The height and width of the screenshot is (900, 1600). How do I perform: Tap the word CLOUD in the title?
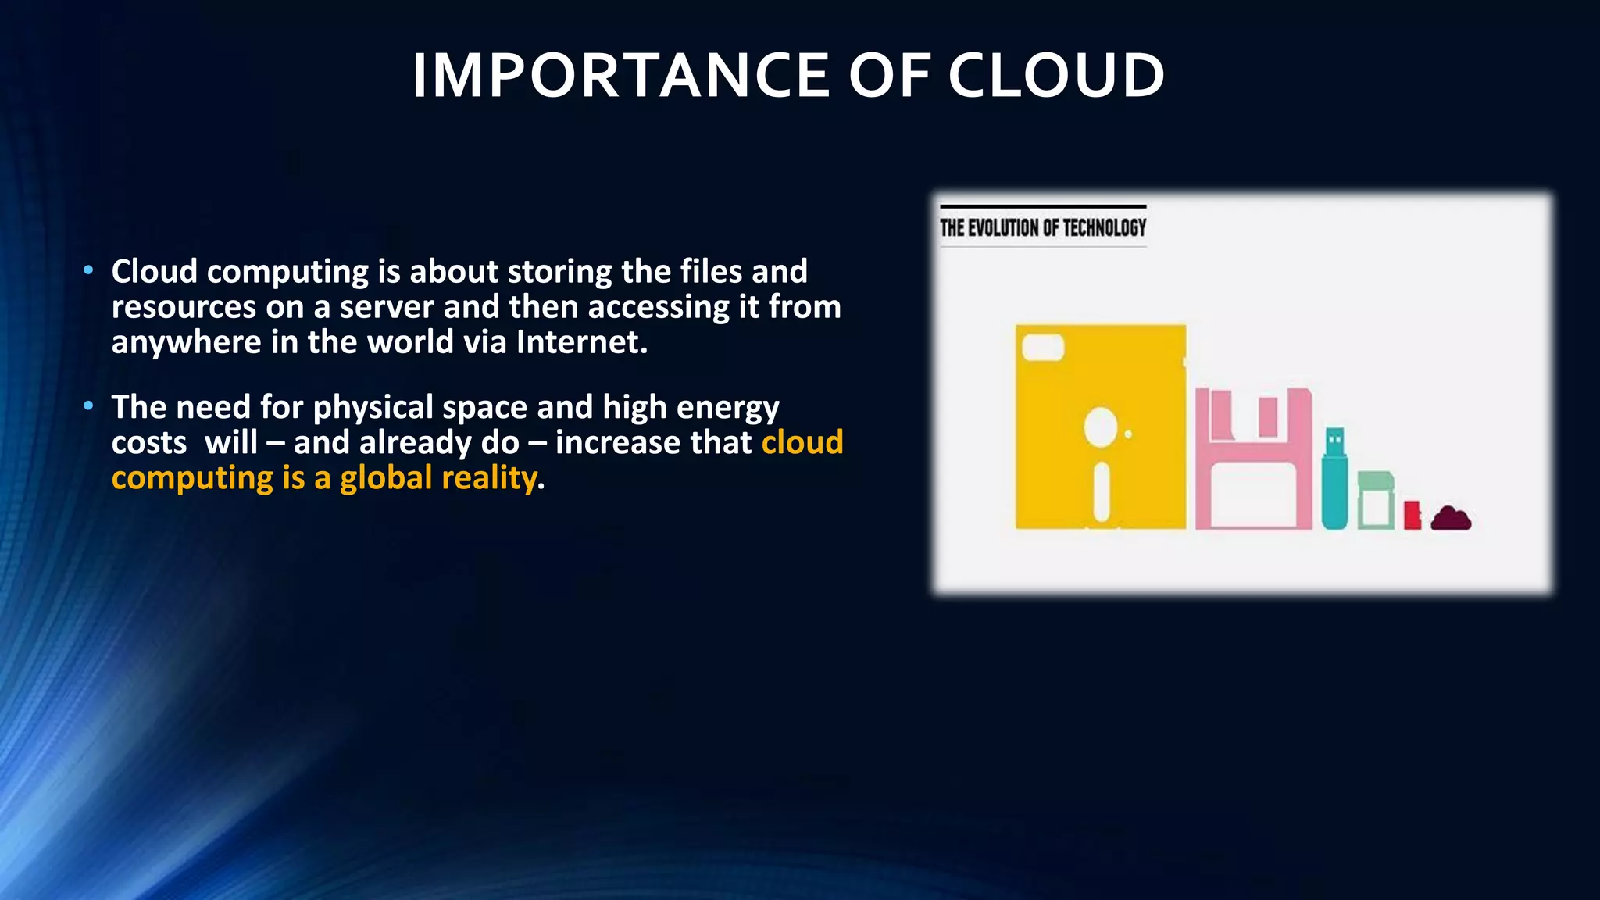click(1056, 76)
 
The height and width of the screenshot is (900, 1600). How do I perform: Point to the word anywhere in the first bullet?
click(186, 342)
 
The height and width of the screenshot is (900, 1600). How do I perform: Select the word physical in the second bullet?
click(373, 408)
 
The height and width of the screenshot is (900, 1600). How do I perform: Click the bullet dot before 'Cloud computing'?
click(89, 270)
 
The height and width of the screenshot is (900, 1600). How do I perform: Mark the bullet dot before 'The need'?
click(89, 405)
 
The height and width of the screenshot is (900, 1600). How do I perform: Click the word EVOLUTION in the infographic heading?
click(1004, 228)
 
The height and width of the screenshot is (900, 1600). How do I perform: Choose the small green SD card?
click(1376, 501)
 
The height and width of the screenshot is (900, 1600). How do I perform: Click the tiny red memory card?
click(1412, 516)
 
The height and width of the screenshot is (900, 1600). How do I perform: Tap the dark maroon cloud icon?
click(1451, 519)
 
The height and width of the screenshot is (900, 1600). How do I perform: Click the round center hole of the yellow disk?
click(1100, 428)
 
